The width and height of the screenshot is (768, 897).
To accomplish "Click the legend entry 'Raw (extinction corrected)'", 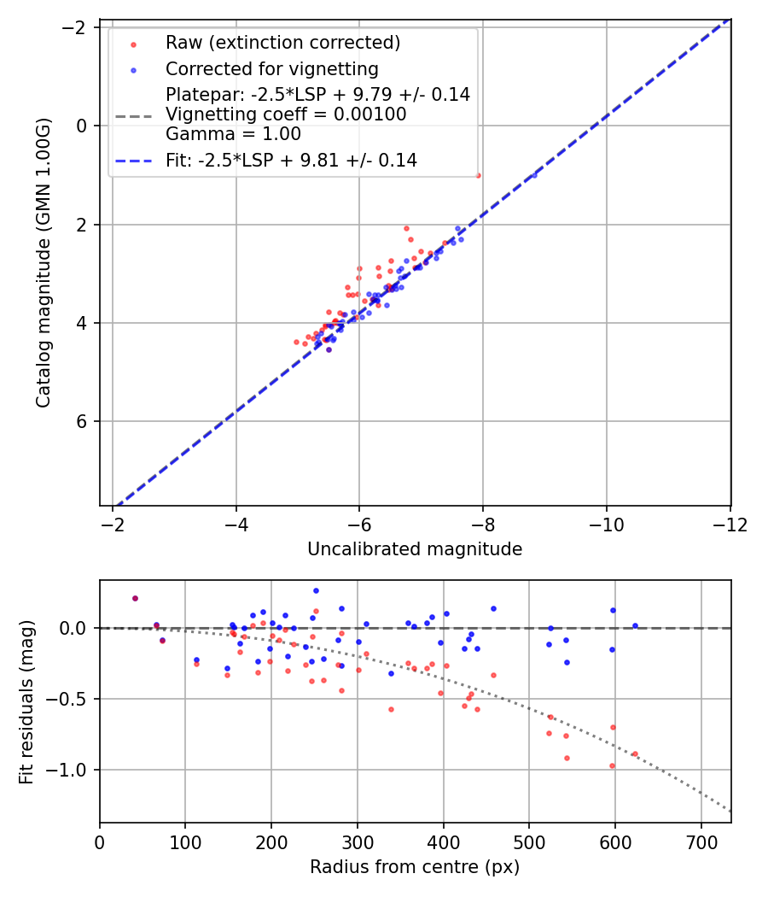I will tap(282, 43).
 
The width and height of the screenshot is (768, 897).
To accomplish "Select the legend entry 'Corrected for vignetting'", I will tap(271, 68).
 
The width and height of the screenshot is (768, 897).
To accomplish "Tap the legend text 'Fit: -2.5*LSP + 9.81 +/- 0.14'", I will tap(291, 160).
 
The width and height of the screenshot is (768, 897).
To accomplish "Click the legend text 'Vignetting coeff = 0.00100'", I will tap(286, 114).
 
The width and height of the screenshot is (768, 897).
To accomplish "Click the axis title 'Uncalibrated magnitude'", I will tap(415, 549).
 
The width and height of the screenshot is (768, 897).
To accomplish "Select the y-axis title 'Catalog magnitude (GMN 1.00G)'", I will tap(44, 263).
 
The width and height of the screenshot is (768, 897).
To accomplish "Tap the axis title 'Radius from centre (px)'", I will tap(415, 867).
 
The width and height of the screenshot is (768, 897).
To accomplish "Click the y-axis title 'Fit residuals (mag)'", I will tap(26, 701).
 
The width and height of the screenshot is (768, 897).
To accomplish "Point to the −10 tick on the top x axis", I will tap(607, 523).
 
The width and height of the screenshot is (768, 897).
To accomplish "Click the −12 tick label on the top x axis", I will tap(730, 523).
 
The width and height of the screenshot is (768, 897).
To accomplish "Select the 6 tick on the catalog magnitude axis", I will tap(84, 422).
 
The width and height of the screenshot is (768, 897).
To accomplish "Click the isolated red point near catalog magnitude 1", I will tap(478, 175).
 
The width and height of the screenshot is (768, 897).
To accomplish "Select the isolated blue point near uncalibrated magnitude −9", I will tap(534, 175).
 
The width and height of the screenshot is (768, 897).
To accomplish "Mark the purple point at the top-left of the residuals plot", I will tap(135, 598).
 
